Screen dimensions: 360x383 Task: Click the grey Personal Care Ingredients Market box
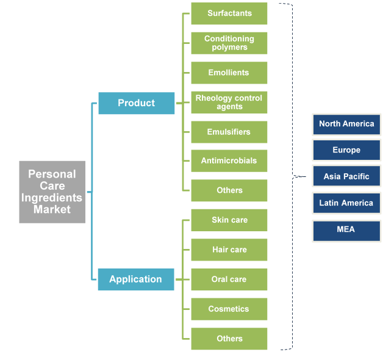click(52, 192)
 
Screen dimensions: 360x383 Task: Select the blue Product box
click(136, 103)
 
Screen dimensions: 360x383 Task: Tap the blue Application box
click(135, 279)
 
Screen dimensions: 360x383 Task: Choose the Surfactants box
click(229, 13)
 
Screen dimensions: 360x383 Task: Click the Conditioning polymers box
click(229, 43)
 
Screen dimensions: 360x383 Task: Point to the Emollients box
click(229, 73)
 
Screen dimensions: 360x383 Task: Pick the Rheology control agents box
click(229, 102)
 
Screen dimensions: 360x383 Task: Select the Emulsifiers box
click(229, 132)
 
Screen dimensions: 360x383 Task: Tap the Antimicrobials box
click(229, 161)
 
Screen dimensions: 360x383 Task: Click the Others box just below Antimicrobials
click(229, 190)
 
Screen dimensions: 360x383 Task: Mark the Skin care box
click(229, 220)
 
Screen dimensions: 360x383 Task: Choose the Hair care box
click(229, 250)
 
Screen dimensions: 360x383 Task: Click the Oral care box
click(229, 279)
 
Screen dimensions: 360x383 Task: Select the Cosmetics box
click(229, 309)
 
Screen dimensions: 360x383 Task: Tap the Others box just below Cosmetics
click(229, 339)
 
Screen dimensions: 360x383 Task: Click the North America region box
click(346, 124)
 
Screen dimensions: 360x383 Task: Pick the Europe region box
click(346, 150)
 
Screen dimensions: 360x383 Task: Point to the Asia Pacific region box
click(346, 177)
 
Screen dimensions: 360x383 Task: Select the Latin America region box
click(346, 203)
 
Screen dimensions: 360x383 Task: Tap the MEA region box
click(346, 230)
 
